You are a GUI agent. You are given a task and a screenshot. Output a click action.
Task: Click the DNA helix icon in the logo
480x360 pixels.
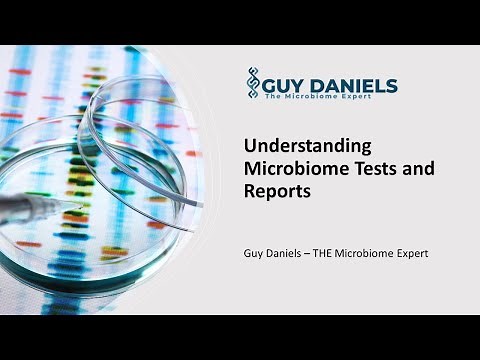point(253,84)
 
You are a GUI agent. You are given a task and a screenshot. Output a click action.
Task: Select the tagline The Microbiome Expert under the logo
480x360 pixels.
point(324,99)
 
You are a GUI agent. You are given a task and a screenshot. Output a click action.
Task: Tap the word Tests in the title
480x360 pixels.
point(367,170)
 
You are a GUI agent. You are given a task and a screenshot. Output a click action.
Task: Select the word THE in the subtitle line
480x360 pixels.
point(331,254)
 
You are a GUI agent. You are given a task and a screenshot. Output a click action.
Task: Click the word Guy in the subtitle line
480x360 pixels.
point(256,254)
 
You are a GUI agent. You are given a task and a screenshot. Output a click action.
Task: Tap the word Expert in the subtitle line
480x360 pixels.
point(411,254)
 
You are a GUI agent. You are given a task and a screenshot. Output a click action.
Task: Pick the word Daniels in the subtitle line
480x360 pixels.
point(289,254)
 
